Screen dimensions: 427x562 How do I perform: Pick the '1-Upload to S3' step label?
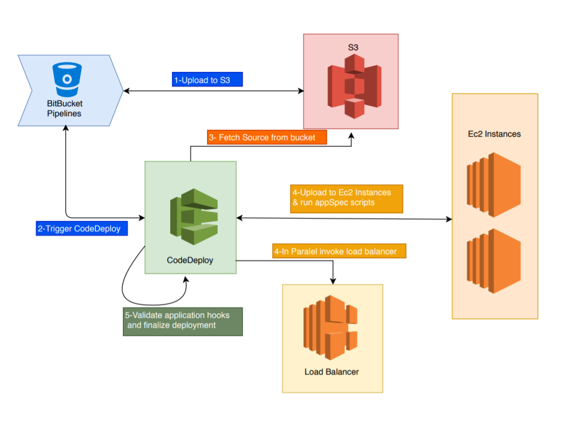207,79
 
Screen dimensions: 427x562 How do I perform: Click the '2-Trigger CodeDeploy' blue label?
79,228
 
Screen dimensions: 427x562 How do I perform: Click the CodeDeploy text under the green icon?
190,261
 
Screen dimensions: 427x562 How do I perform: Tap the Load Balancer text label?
332,372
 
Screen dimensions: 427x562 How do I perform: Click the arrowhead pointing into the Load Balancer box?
333,281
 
